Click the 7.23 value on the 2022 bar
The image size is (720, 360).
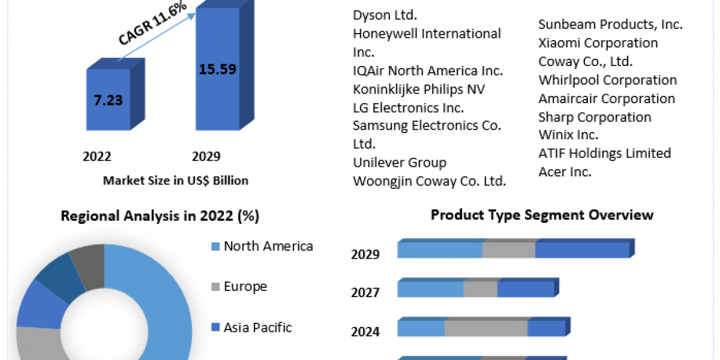click(108, 100)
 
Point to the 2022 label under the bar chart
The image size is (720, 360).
click(97, 157)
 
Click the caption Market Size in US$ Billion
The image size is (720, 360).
click(176, 180)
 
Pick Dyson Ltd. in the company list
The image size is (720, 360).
click(385, 14)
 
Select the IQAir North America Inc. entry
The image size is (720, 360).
click(428, 70)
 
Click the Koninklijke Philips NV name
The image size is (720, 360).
click(419, 89)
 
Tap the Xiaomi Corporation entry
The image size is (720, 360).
click(598, 43)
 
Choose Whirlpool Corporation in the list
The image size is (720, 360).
click(607, 80)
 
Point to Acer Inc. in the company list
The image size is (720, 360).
click(565, 172)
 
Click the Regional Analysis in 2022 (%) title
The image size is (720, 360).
click(160, 217)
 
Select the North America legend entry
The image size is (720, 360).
click(268, 246)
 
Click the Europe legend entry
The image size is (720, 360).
click(245, 287)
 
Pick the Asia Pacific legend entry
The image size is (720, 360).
click(257, 328)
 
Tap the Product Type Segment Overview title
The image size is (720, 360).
click(542, 215)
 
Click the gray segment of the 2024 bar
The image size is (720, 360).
click(486, 329)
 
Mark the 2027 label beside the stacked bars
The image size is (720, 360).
click(365, 293)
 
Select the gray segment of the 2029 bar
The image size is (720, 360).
click(509, 250)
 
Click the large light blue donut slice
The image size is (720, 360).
click(162, 300)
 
